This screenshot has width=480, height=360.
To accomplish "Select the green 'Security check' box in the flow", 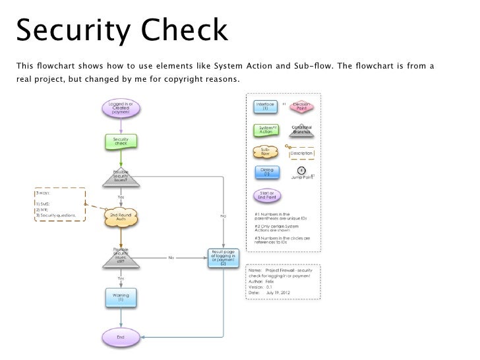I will tap(121, 142).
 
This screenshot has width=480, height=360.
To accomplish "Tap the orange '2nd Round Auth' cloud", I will tap(121, 217).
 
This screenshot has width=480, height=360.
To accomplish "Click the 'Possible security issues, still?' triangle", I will tap(121, 256).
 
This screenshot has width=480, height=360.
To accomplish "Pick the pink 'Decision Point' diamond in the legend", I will tap(301, 106).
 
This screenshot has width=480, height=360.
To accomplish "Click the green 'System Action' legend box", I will tap(266, 129).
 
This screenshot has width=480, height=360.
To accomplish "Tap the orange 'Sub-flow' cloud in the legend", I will tap(266, 152).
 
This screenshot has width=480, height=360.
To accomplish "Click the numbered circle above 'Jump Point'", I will tap(301, 170).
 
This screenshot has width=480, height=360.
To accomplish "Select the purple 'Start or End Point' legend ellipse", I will tap(266, 196).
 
